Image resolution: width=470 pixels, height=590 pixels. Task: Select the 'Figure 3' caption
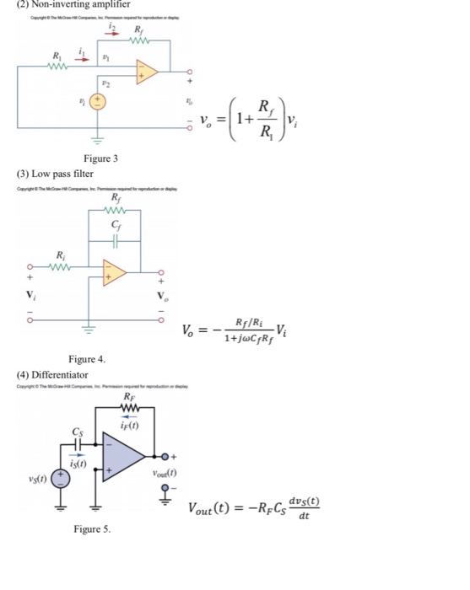tap(101, 158)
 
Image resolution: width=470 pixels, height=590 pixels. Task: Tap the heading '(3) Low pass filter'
tap(54, 173)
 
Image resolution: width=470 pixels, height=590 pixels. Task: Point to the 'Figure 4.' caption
tap(87, 359)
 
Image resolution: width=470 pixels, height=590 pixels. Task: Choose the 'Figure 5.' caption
tap(91, 529)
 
